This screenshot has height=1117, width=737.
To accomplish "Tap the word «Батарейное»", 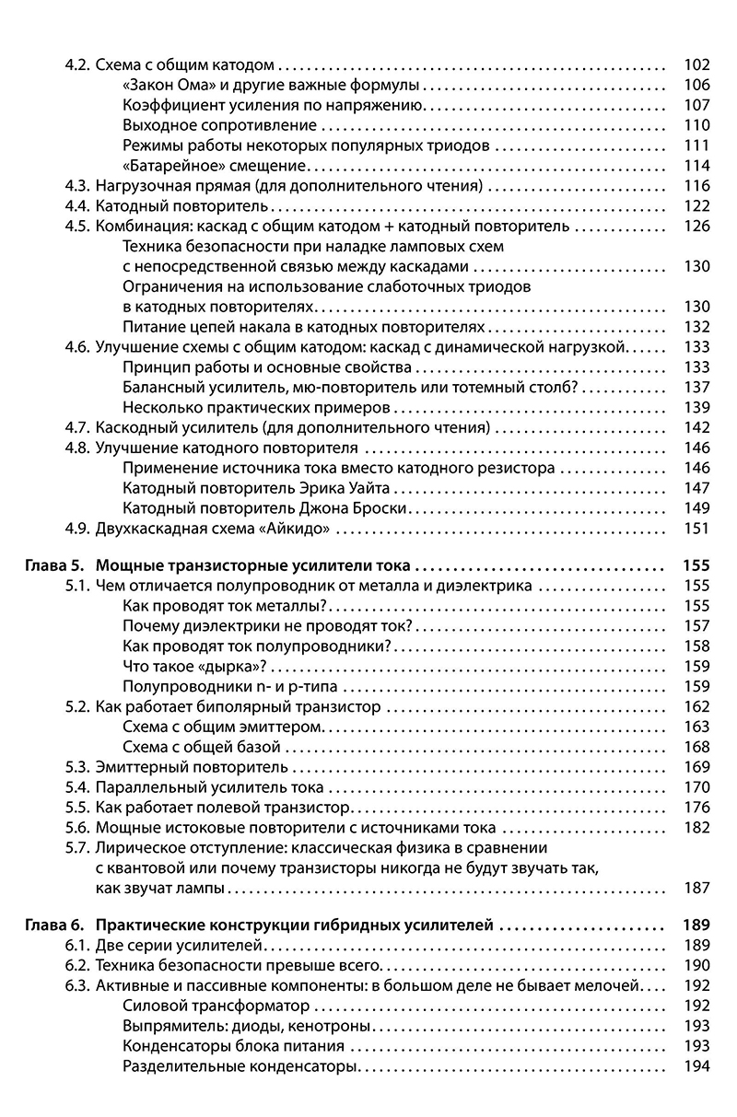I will pyautogui.click(x=167, y=166).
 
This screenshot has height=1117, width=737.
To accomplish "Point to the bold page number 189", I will pyautogui.click(x=696, y=925).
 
